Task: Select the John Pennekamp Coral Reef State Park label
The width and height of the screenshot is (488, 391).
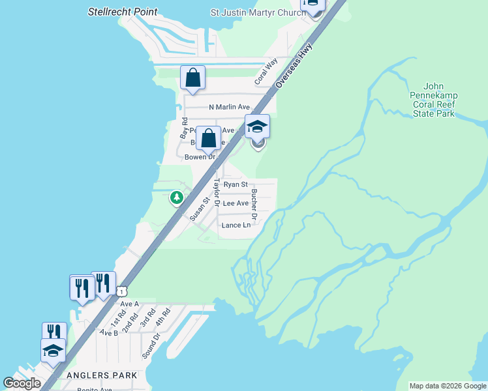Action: click(433, 100)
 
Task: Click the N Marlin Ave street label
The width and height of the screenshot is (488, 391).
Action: click(229, 107)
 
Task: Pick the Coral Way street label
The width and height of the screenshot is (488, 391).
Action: click(266, 70)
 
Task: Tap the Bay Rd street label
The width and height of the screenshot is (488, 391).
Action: click(185, 127)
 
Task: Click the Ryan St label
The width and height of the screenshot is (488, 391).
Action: click(236, 184)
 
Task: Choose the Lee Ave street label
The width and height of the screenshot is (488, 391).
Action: click(236, 203)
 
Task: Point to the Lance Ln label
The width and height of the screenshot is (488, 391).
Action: click(236, 225)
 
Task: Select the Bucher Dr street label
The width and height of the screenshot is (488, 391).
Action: click(255, 203)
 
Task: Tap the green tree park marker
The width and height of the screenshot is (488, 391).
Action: click(176, 197)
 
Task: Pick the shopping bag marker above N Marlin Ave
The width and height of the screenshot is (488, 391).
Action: click(193, 78)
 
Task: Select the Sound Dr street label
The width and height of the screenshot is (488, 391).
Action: click(150, 346)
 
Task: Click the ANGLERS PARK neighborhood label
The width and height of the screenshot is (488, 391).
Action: click(102, 375)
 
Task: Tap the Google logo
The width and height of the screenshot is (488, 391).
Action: click(22, 383)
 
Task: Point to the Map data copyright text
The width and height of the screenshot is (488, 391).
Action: click(448, 386)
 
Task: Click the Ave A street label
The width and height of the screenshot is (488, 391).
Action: click(129, 304)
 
